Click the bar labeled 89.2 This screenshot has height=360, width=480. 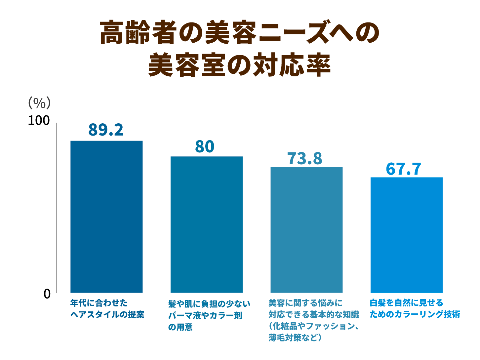(x=106, y=217)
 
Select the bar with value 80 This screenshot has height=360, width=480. (x=207, y=224)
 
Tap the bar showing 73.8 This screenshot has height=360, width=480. (x=306, y=230)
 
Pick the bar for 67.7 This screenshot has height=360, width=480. (x=406, y=235)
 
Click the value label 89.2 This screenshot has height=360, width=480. (x=106, y=130)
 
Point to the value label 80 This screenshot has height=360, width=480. (x=205, y=146)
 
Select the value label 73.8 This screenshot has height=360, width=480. (x=305, y=158)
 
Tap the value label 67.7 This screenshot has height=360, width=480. (x=404, y=169)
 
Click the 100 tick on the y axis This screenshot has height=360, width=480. (x=39, y=121)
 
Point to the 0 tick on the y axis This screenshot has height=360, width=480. (x=47, y=294)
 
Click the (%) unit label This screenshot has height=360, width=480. (x=39, y=103)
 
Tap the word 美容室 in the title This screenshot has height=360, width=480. (x=187, y=65)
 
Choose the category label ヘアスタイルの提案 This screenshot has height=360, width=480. (x=107, y=314)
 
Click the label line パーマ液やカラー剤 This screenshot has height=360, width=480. (x=205, y=315)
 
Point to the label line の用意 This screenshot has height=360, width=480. (x=180, y=327)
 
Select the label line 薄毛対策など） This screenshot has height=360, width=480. (x=295, y=338)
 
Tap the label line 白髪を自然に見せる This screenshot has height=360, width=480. (x=406, y=303)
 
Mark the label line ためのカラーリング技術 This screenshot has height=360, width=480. (x=415, y=314)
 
